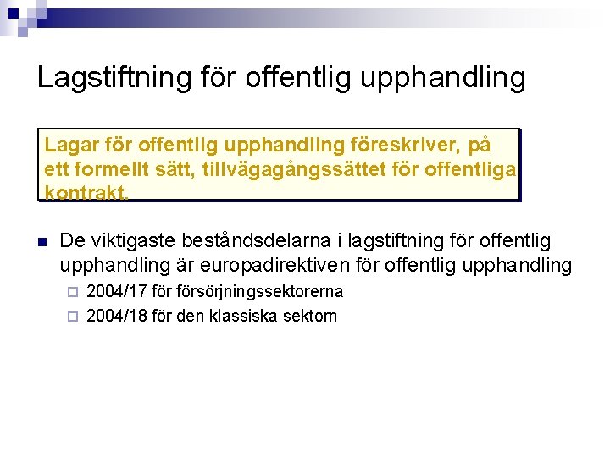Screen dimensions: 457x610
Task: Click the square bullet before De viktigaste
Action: coord(41,241)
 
